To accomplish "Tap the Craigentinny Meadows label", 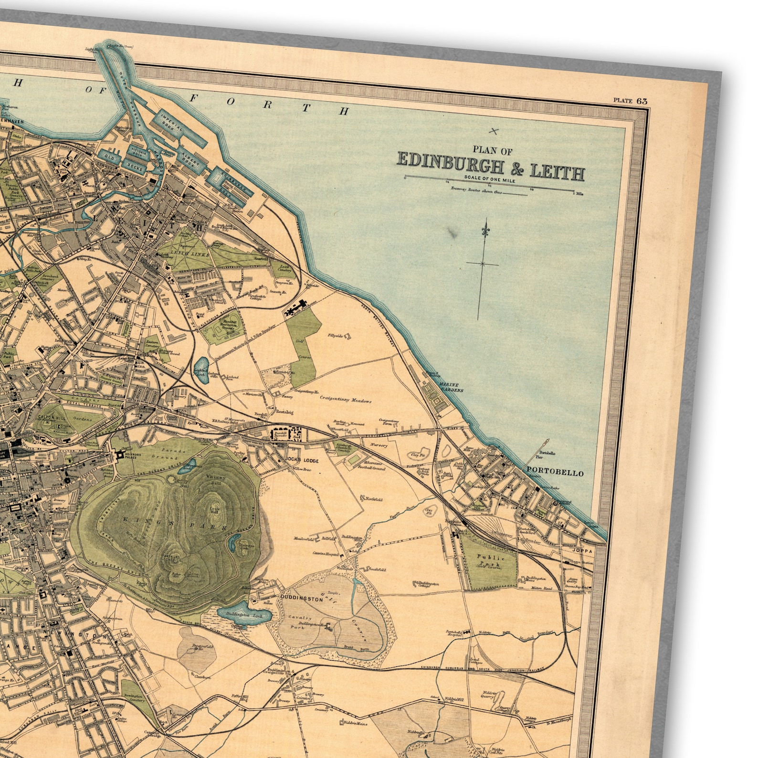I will click(x=346, y=401).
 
